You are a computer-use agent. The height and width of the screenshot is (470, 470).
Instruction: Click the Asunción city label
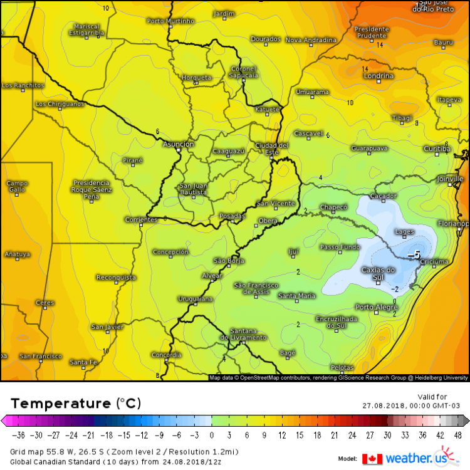(179, 144)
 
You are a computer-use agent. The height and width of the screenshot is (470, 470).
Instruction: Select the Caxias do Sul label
(379, 273)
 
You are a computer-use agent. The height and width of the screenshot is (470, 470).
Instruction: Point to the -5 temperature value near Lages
(414, 255)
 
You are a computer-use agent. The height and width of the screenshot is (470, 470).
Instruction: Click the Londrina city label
(379, 76)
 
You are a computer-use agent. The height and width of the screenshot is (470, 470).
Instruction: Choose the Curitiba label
(437, 149)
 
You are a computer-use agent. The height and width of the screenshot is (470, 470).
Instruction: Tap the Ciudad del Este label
(272, 149)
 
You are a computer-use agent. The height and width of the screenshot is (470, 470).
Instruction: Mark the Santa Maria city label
(297, 296)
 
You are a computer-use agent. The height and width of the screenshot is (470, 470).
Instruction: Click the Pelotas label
(342, 367)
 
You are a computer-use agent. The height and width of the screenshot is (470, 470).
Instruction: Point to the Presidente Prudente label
(372, 32)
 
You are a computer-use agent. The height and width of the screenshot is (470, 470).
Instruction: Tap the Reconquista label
(116, 277)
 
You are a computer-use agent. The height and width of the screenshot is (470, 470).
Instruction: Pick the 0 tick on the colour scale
(212, 435)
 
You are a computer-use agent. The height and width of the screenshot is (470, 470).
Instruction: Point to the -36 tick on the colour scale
(19, 435)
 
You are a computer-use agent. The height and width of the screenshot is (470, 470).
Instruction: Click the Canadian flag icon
(372, 459)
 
